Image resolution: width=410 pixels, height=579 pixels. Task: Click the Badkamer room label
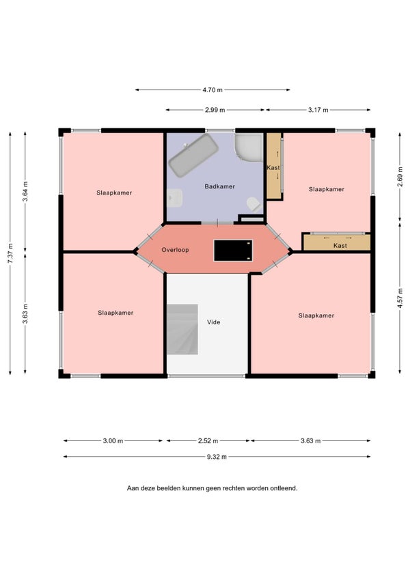coord(219,186)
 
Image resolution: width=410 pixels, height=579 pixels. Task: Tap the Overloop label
coord(175,250)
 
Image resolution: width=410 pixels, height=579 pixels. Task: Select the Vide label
coord(214,322)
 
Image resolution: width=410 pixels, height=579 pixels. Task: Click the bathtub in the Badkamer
coord(193,156)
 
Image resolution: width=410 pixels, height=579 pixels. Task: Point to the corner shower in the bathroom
coord(249,147)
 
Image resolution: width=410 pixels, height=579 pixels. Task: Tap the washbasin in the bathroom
coord(174,198)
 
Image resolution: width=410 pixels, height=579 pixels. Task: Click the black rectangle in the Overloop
coord(233,251)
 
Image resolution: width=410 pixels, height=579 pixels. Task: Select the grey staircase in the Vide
coord(182,329)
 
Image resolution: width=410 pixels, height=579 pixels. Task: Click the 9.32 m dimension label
coord(217,457)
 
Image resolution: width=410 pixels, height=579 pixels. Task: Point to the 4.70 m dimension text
coord(213,89)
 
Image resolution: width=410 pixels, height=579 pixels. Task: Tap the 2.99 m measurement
coord(215,110)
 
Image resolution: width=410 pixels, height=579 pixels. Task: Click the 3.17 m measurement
coord(318,110)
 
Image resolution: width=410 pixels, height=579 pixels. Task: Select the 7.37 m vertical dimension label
coord(10,253)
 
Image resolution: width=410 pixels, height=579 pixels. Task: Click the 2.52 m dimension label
coord(208,441)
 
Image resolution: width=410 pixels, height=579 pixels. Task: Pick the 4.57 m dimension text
coord(400,298)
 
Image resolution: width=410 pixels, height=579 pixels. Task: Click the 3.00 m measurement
coord(113,441)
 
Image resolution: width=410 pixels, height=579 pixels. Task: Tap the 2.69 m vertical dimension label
coord(400,177)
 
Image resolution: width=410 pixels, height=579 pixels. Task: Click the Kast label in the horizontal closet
coord(340,246)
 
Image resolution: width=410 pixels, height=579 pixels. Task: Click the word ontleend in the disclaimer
coord(284,488)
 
